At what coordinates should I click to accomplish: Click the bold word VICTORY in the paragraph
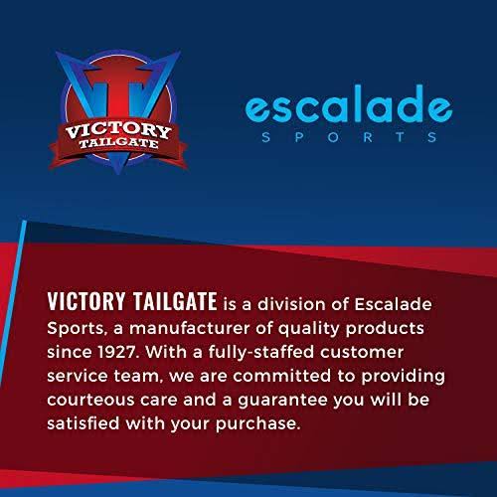click(x=86, y=301)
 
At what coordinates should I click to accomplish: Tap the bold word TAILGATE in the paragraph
click(x=175, y=301)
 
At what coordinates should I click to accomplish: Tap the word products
click(x=385, y=329)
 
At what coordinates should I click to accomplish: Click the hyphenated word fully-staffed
click(x=261, y=353)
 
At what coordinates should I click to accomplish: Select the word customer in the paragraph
click(x=362, y=353)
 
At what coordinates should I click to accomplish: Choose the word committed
click(x=281, y=376)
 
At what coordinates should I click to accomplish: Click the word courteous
click(x=90, y=401)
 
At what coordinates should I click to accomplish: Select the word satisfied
click(x=83, y=423)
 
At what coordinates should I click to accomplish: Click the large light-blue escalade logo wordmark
click(x=349, y=103)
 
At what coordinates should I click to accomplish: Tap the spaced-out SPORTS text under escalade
click(x=349, y=137)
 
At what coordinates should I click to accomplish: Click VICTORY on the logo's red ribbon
click(x=118, y=130)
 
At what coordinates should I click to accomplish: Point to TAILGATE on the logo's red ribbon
click(x=118, y=143)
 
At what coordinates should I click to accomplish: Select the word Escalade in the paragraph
click(x=394, y=304)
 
